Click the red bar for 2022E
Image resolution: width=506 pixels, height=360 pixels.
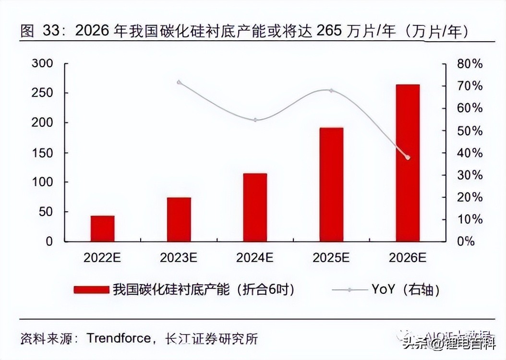tap(102, 228)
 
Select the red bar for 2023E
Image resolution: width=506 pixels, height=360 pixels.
tap(179, 219)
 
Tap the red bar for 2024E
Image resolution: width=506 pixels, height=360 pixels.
tap(255, 207)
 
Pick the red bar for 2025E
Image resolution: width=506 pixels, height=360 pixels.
tap(331, 184)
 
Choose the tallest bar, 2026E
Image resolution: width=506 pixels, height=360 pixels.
tap(408, 163)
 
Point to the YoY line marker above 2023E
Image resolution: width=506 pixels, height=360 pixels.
tap(179, 82)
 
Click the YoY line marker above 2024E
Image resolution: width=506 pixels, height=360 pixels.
tap(255, 120)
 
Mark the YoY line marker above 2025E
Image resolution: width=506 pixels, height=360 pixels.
tap(331, 90)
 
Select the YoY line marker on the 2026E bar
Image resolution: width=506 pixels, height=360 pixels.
tap(408, 157)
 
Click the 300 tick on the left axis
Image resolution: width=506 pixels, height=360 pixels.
tap(43, 63)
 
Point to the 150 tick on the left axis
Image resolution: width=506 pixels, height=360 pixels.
tap(43, 153)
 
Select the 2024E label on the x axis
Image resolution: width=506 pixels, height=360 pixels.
tap(255, 258)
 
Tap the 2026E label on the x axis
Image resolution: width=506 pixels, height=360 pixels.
tap(408, 258)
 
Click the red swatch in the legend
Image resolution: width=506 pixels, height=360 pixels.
tap(91, 289)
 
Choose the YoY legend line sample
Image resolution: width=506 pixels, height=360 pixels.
tap(349, 289)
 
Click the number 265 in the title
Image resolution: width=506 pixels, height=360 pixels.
tap(328, 32)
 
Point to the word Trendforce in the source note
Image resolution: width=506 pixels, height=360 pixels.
tap(119, 338)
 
